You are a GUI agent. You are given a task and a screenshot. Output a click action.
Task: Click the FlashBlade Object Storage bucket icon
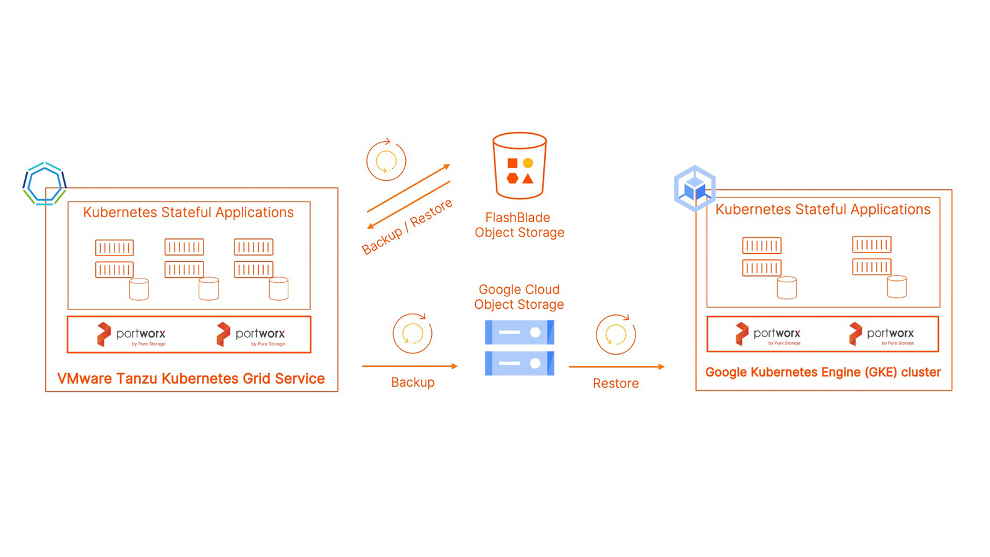click(519, 165)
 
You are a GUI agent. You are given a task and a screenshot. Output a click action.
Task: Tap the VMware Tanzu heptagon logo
click(44, 183)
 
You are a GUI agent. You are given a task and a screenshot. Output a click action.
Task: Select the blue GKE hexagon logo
click(694, 188)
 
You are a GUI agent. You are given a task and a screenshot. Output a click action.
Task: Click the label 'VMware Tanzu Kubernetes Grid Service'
click(191, 378)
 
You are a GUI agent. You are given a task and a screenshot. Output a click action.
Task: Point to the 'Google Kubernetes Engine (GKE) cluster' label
click(823, 372)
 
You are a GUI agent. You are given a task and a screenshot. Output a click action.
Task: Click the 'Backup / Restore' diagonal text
click(407, 227)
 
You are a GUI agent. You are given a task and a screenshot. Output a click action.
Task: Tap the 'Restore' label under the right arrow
click(616, 383)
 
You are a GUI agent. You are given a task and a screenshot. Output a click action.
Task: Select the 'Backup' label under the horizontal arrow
click(413, 382)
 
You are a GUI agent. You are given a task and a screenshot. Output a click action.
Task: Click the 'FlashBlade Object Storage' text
click(519, 225)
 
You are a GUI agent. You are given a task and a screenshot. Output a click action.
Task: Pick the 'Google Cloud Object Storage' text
click(519, 296)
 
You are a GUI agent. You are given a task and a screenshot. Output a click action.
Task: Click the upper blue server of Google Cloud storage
click(519, 332)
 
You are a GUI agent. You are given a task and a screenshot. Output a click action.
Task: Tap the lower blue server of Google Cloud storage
click(519, 363)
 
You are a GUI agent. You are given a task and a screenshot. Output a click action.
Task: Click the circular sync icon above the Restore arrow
click(616, 334)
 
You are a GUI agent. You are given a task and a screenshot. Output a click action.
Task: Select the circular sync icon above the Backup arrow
click(412, 334)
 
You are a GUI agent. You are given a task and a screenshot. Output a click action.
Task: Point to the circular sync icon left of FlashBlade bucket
click(386, 160)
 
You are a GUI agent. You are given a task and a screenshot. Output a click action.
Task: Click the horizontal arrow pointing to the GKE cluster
click(616, 366)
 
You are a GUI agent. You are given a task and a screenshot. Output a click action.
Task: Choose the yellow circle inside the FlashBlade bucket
click(528, 163)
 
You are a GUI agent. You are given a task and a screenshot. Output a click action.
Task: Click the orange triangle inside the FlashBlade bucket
click(528, 179)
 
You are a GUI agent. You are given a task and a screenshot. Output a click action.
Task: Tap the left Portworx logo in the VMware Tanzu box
click(131, 335)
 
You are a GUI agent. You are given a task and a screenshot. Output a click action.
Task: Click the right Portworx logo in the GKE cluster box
click(881, 334)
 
